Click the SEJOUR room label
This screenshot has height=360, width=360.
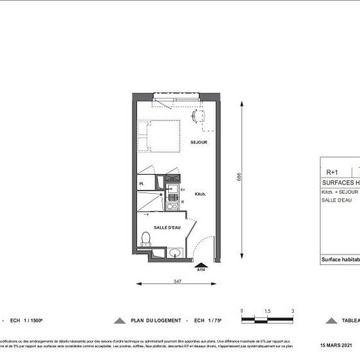[x=199, y=142]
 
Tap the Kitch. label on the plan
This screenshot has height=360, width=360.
[x=201, y=194]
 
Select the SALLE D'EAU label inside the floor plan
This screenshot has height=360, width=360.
[x=168, y=227]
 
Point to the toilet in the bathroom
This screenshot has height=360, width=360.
[x=147, y=240]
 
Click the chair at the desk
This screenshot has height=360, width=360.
[x=198, y=116]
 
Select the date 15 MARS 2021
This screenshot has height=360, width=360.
[x=336, y=345]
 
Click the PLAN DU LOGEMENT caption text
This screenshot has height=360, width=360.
[x=155, y=321]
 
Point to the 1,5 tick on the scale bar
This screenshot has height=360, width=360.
[x=267, y=312]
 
